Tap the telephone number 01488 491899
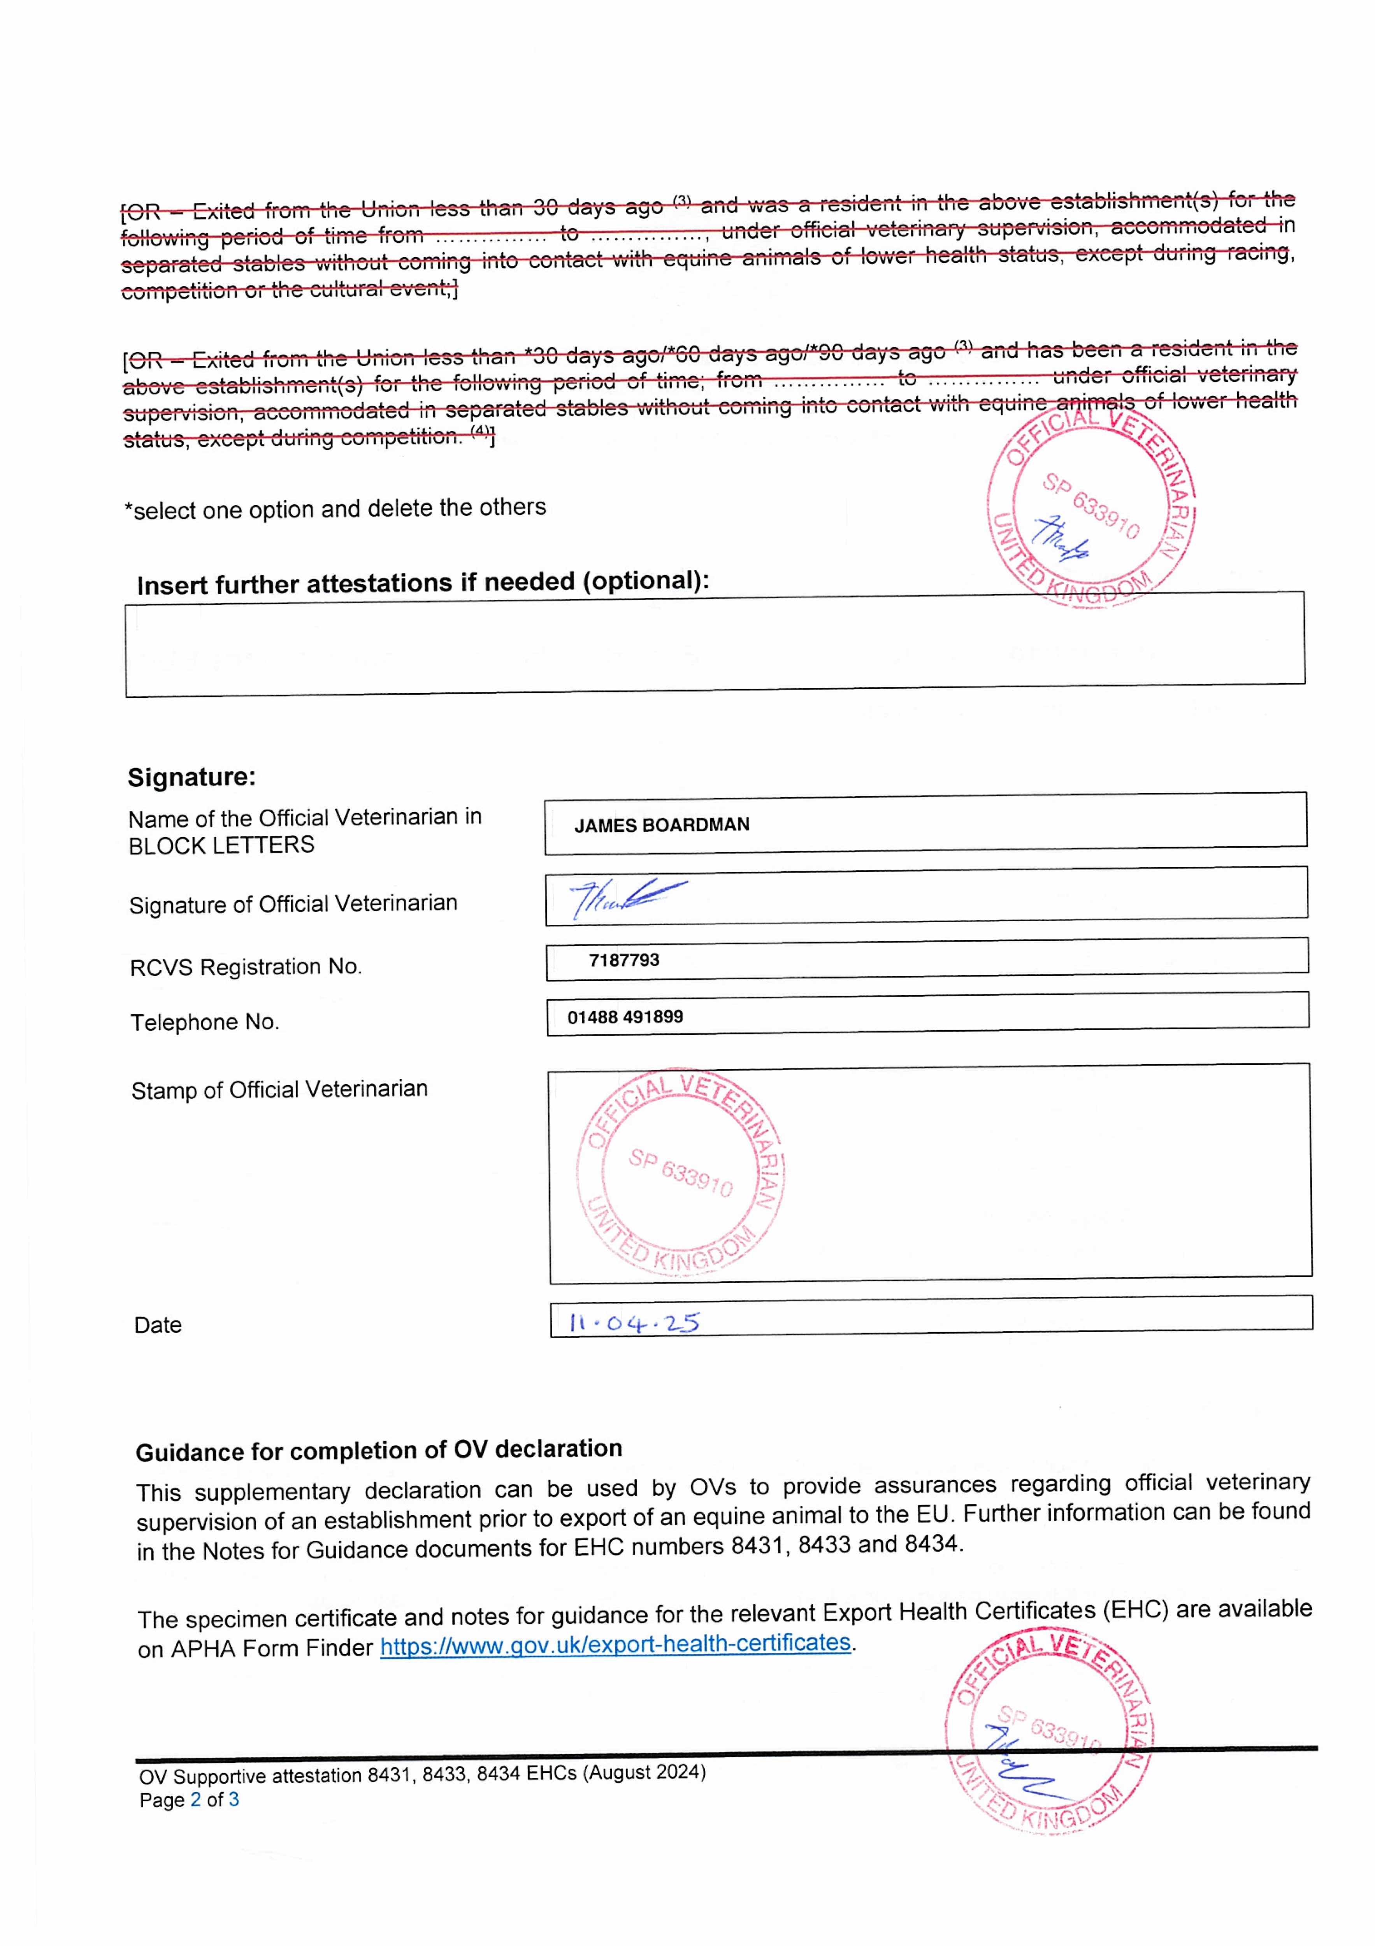[x=625, y=1017]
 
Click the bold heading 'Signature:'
[x=191, y=777]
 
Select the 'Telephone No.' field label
[x=204, y=1022]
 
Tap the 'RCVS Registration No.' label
[x=246, y=967]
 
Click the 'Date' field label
[x=158, y=1325]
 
